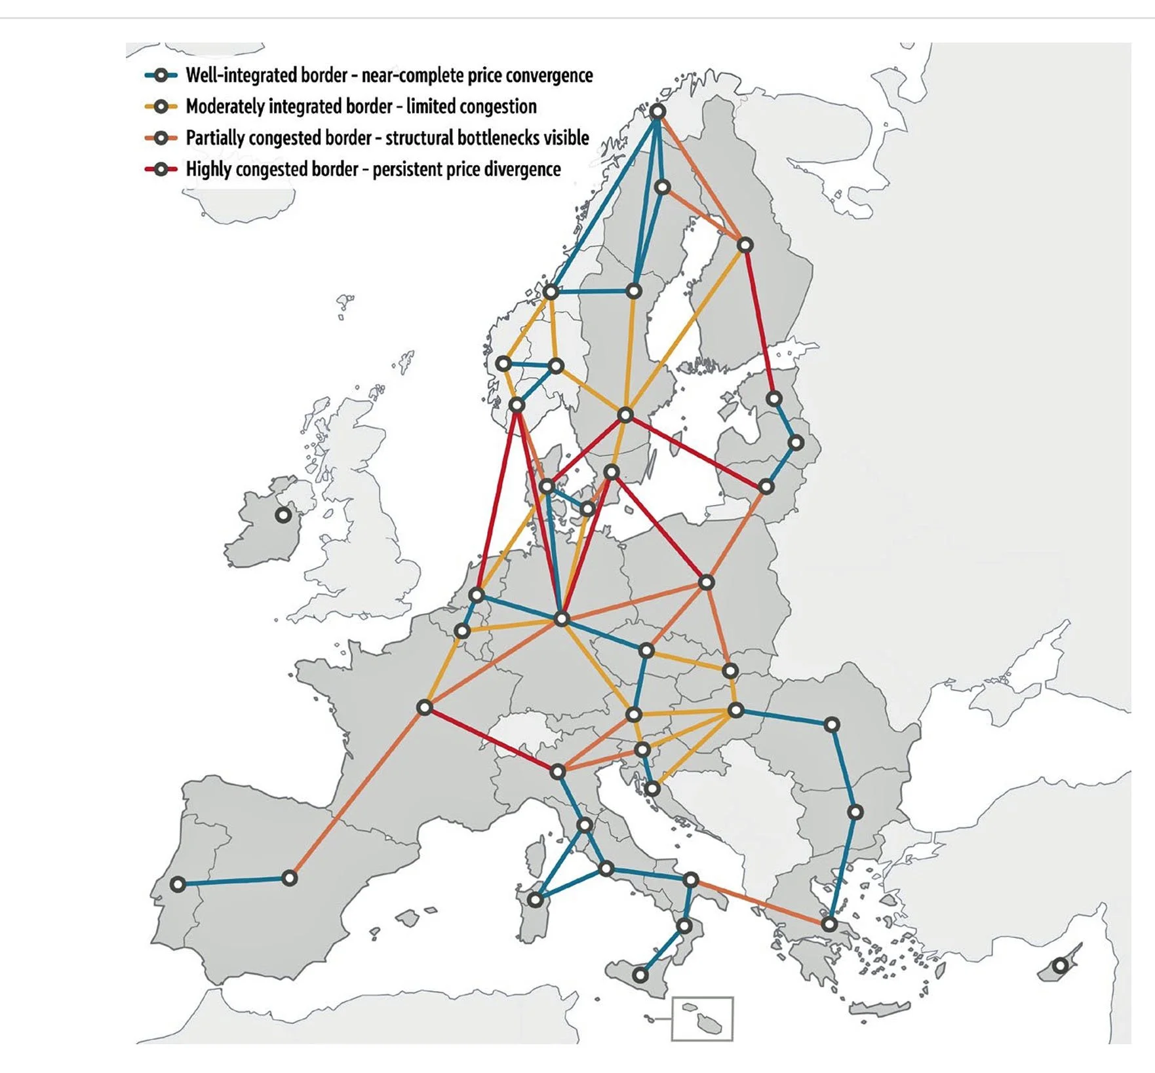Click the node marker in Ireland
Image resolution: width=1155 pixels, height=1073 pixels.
(283, 515)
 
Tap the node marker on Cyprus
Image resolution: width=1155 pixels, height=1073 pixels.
(1060, 966)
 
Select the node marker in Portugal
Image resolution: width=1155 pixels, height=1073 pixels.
(178, 884)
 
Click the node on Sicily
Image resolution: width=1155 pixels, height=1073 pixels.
(641, 975)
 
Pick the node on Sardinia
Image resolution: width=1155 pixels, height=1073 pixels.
(536, 899)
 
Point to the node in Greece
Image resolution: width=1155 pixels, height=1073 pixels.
(830, 925)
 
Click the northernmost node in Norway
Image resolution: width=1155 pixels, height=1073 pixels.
(657, 112)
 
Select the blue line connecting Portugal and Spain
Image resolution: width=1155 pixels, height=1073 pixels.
(233, 882)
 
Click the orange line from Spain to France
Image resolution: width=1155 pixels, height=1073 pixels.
(357, 793)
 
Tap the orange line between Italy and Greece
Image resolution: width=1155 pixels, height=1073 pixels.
(760, 902)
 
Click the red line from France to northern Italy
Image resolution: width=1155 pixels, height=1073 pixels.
(491, 740)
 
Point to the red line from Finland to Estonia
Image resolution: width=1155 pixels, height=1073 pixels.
(760, 322)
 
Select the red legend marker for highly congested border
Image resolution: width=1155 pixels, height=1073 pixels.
(161, 169)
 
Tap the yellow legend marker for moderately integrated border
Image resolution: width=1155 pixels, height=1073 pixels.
(161, 106)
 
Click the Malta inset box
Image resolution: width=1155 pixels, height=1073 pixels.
(702, 1018)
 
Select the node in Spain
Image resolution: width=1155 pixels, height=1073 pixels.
(290, 878)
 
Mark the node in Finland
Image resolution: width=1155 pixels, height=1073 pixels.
(745, 245)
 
